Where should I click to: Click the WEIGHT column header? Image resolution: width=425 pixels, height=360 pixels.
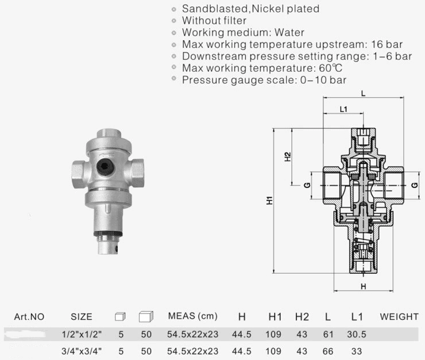pyautogui.click(x=399, y=316)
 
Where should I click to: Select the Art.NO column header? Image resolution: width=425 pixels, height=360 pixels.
pyautogui.click(x=29, y=316)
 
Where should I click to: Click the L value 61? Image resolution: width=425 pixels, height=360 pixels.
pyautogui.click(x=327, y=334)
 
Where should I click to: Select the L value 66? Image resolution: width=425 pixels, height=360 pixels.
pyautogui.click(x=327, y=350)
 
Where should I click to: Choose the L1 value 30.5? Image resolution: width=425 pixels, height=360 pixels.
pyautogui.click(x=356, y=334)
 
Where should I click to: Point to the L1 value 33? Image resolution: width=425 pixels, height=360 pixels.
pyautogui.click(x=356, y=350)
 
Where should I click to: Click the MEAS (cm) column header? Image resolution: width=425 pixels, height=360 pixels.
pyautogui.click(x=192, y=316)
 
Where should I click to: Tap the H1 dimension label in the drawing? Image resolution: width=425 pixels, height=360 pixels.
pyautogui.click(x=269, y=202)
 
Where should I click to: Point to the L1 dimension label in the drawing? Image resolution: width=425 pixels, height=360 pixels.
pyautogui.click(x=343, y=109)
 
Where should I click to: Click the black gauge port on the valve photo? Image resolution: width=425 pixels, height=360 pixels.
pyautogui.click(x=105, y=167)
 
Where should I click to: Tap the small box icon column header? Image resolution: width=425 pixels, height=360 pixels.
pyautogui.click(x=119, y=316)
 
